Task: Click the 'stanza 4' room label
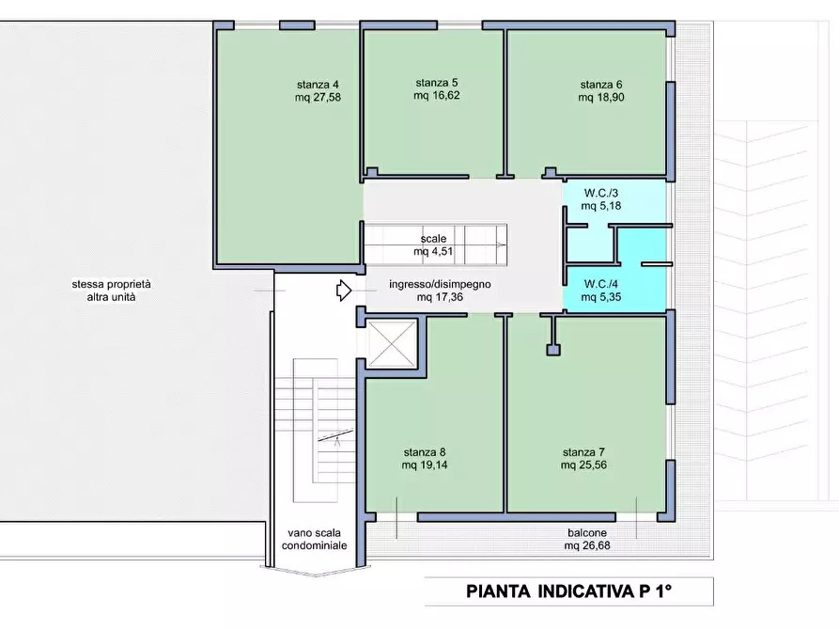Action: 317,84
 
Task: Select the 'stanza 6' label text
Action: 601,84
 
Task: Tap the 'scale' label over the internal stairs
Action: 433,239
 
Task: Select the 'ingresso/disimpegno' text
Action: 440,284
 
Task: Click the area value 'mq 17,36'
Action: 440,297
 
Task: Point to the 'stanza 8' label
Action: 424,451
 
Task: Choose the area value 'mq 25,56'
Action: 583,465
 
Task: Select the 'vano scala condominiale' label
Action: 314,539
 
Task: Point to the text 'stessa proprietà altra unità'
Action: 117,291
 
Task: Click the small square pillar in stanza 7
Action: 553,351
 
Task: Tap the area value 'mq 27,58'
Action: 317,97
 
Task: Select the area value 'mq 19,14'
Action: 424,465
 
